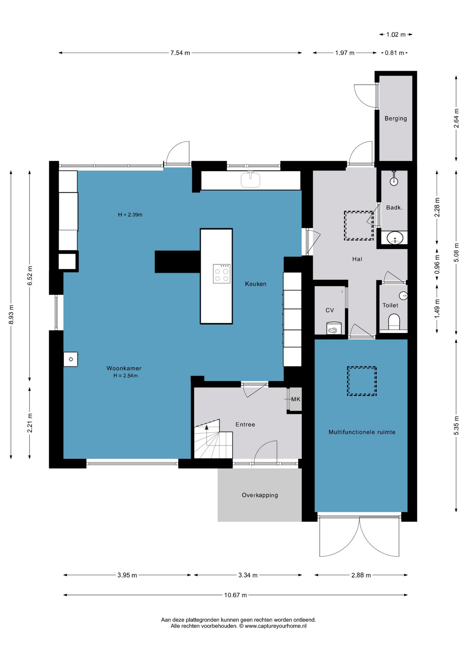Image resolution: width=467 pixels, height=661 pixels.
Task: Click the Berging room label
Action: tap(395, 118)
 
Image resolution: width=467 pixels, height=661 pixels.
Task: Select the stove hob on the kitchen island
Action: tap(221, 274)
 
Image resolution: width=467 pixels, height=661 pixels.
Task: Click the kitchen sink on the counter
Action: tap(250, 179)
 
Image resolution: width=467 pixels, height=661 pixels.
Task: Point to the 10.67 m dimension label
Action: tap(236, 595)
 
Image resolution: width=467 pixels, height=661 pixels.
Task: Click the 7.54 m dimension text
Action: tap(180, 53)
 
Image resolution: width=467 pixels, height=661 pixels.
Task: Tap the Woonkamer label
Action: tap(124, 368)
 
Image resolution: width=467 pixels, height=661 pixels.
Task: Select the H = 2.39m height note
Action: tap(130, 214)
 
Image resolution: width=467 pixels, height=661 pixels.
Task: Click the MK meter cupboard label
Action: tap(296, 399)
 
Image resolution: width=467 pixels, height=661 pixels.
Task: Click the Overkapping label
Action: tap(260, 495)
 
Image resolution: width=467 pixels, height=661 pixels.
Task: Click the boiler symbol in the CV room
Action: tap(334, 328)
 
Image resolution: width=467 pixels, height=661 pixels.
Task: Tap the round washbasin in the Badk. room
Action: tap(395, 238)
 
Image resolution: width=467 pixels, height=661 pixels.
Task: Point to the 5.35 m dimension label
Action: tap(456, 426)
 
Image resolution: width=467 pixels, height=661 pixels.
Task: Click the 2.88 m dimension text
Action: tap(361, 575)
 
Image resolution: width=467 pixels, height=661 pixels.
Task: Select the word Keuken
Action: tap(256, 284)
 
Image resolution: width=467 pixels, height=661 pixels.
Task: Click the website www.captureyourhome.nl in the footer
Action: tap(275, 626)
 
